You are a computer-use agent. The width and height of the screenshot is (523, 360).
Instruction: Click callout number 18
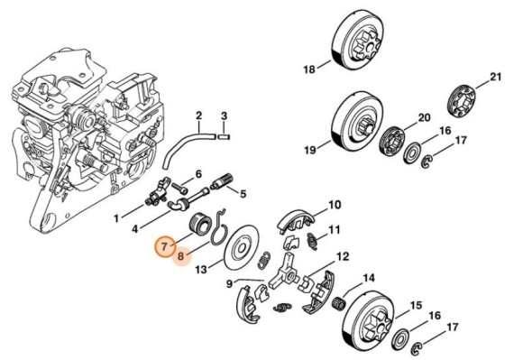point(308,69)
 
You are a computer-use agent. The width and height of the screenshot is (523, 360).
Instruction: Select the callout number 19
point(309,149)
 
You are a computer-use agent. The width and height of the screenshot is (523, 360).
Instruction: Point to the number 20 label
point(423,118)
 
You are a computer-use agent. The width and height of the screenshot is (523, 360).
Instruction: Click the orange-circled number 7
point(164,245)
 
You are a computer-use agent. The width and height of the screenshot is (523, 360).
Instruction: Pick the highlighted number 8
point(181,256)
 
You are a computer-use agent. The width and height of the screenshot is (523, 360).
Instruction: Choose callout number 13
point(202,269)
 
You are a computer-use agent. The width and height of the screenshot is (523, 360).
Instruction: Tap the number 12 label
point(342,257)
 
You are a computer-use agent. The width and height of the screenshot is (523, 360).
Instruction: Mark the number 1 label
point(115,217)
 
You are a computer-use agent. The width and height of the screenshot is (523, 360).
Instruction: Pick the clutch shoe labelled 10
point(291,217)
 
